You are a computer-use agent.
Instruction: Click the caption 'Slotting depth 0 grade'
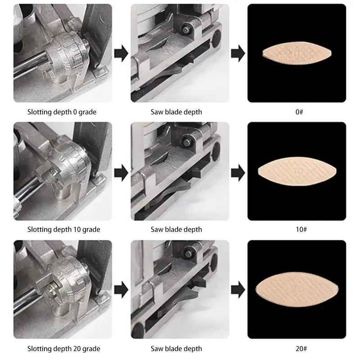[62, 112]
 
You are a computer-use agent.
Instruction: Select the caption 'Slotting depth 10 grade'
[63, 229]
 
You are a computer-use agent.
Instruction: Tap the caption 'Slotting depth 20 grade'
[63, 348]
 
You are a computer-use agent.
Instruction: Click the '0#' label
[299, 112]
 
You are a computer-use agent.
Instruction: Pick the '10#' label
[301, 229]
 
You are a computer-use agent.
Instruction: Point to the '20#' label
[301, 348]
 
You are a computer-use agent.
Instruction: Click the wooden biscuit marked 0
[297, 53]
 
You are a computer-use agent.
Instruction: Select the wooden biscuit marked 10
[297, 171]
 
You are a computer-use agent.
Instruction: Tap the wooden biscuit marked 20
[297, 289]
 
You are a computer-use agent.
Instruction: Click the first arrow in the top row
[121, 53]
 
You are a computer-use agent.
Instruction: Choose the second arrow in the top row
[238, 53]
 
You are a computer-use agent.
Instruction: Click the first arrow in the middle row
[121, 173]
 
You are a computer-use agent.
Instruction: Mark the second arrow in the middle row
[238, 173]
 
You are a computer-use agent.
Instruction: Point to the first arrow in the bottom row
[121, 289]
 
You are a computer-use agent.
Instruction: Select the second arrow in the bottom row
[238, 289]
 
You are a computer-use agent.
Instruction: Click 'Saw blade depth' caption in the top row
[176, 112]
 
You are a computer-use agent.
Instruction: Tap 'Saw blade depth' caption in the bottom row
[176, 348]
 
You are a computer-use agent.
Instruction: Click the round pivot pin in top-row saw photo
[186, 29]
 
